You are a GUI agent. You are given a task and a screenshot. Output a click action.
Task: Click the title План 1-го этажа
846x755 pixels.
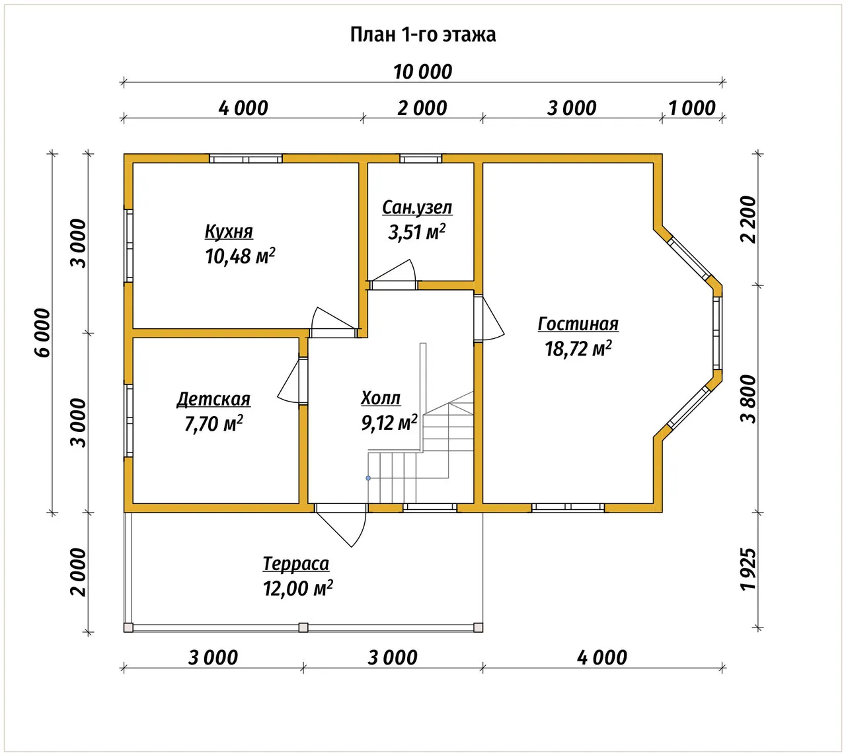click(422, 35)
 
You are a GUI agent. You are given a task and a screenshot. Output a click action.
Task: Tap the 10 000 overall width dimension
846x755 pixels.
click(422, 72)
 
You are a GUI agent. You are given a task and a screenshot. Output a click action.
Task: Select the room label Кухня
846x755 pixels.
click(229, 231)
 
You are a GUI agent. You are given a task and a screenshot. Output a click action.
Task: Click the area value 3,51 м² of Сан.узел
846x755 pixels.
click(417, 232)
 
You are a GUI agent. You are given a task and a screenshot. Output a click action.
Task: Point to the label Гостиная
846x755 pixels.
click(578, 324)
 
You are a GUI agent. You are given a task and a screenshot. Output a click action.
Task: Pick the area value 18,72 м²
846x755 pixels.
click(578, 349)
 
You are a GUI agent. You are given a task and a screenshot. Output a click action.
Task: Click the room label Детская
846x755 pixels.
click(213, 400)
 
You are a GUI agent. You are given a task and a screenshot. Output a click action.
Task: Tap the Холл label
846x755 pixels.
click(381, 398)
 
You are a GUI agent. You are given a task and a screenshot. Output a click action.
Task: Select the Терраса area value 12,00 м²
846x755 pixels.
click(297, 589)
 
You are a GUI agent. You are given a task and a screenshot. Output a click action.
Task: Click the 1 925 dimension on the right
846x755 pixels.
click(748, 570)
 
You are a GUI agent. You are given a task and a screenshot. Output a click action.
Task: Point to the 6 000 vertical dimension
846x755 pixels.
click(42, 333)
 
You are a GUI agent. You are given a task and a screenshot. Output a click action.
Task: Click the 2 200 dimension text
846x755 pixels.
click(748, 219)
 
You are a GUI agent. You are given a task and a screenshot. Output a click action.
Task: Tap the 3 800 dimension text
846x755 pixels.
click(748, 400)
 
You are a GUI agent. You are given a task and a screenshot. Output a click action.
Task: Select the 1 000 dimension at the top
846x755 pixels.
click(692, 108)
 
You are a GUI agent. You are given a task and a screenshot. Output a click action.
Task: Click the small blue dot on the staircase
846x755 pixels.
click(368, 478)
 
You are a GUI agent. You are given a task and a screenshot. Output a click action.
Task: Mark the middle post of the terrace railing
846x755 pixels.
click(303, 628)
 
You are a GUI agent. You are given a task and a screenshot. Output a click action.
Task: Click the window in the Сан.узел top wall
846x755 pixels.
click(420, 159)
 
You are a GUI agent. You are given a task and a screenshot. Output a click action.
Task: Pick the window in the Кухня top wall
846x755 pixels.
click(245, 159)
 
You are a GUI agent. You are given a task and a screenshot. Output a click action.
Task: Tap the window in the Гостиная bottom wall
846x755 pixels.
click(568, 507)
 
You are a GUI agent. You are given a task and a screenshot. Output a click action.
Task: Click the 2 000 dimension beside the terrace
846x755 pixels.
click(78, 573)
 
